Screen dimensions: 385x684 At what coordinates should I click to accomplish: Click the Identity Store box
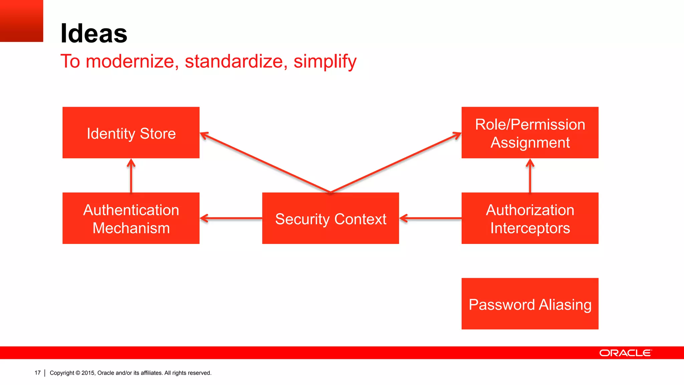click(x=131, y=133)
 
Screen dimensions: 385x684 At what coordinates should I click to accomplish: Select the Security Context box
click(x=330, y=218)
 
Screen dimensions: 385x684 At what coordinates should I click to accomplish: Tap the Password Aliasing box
click(x=530, y=304)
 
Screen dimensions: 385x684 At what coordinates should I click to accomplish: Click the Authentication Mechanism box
click(x=131, y=218)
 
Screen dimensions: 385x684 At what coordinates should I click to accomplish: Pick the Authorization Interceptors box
click(x=530, y=218)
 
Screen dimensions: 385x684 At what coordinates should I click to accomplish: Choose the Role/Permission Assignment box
click(x=530, y=133)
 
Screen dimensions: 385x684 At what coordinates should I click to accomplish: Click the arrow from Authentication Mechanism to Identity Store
click(x=131, y=176)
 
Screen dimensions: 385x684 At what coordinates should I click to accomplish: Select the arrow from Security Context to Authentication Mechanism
click(x=231, y=218)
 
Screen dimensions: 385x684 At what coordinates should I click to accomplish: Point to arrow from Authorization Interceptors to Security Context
click(x=431, y=218)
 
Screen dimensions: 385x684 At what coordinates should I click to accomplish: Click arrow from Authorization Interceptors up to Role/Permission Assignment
click(x=530, y=176)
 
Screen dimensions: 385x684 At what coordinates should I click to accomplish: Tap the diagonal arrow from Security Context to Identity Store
click(x=266, y=162)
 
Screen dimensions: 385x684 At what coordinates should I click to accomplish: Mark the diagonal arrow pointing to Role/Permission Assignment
click(x=396, y=162)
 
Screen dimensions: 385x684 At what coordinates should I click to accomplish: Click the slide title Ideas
click(x=94, y=33)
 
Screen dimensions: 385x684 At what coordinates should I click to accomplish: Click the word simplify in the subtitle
click(x=325, y=61)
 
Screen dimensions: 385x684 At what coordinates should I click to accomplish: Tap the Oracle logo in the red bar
click(x=625, y=353)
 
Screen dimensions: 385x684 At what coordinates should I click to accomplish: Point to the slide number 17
click(x=37, y=373)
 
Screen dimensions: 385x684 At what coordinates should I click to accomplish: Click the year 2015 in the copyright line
click(x=88, y=373)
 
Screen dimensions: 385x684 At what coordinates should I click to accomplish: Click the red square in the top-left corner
click(x=21, y=21)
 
